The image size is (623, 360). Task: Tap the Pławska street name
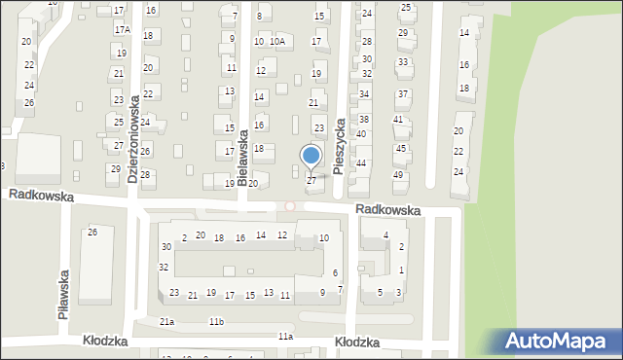(63, 295)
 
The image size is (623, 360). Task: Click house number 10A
(277, 42)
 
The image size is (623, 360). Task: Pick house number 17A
(121, 30)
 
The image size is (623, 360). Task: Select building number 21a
(167, 322)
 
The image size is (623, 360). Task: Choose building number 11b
(216, 322)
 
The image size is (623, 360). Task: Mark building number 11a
(284, 336)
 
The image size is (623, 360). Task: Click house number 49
(397, 175)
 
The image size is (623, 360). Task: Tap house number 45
(400, 149)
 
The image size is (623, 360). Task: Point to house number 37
(402, 94)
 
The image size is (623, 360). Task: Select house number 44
(360, 163)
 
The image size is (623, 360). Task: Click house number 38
(364, 119)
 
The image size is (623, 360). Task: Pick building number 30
(166, 247)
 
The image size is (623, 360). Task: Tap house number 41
(398, 120)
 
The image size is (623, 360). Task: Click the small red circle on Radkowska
(289, 206)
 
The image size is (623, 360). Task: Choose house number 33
(402, 62)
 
